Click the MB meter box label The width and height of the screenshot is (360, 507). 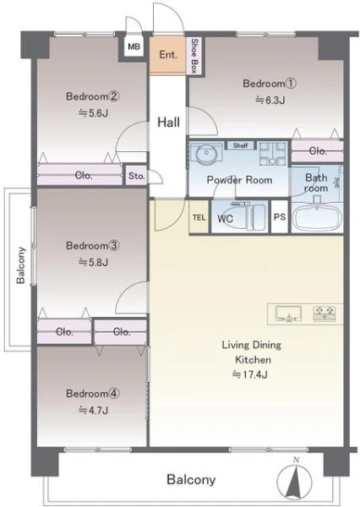pos(134,46)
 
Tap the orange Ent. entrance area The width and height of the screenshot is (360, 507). pos(168,55)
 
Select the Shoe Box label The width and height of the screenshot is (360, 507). pos(194,56)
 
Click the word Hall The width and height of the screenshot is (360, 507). pos(168,123)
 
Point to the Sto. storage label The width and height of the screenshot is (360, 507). pos(137,176)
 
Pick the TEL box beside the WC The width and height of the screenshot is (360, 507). pos(199,217)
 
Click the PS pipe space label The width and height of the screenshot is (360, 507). pos(280,216)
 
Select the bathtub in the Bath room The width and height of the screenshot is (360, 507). pos(317,216)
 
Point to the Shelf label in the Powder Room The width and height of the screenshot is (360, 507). pos(240,145)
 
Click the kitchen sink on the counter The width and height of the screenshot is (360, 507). pos(288,314)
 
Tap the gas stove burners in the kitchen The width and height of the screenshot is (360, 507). pos(325,314)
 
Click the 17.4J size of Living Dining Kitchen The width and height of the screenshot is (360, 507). pos(249,374)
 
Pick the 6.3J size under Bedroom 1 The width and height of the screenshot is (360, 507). pos(270,101)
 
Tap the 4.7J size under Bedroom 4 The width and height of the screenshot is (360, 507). pos(94,411)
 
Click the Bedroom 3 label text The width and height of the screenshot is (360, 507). pos(93,245)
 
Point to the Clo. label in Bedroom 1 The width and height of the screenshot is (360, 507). pos(318,151)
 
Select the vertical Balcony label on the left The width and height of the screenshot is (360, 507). pos(20,265)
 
